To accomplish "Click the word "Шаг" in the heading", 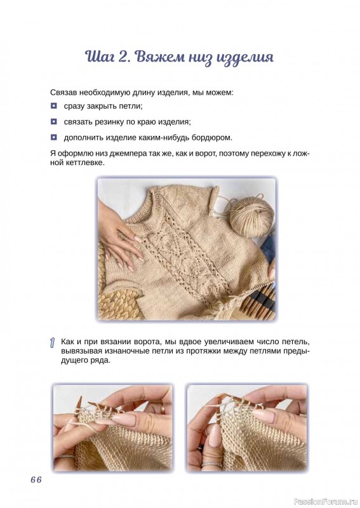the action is [x=98, y=57].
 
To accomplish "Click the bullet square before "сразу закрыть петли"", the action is [x=53, y=106].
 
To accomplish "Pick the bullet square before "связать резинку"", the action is [x=53, y=122].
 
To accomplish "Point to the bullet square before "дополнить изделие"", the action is [x=53, y=138].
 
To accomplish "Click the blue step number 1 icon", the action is [x=53, y=343].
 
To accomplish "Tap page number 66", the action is [x=36, y=479].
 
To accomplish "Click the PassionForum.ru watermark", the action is [x=326, y=502].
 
